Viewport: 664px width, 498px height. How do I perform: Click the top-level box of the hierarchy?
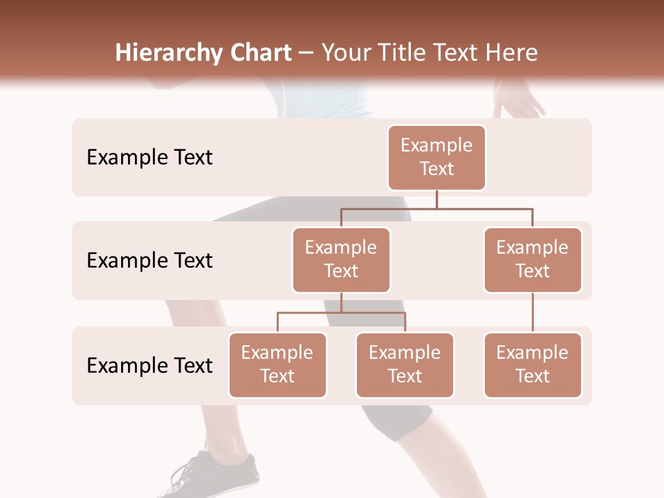pyautogui.click(x=436, y=157)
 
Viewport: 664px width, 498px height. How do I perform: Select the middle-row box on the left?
pyautogui.click(x=341, y=259)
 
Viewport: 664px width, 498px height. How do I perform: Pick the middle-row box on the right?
pyautogui.click(x=533, y=259)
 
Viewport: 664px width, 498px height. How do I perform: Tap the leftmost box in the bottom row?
pyautogui.click(x=277, y=365)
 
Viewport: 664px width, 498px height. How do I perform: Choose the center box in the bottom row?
pyautogui.click(x=405, y=365)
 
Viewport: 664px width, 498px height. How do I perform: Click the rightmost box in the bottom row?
pyautogui.click(x=533, y=365)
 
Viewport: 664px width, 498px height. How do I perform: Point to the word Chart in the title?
pyautogui.click(x=257, y=53)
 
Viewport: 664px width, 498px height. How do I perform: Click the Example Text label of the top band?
pyautogui.click(x=149, y=157)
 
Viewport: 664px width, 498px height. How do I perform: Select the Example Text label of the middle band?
pyautogui.click(x=149, y=260)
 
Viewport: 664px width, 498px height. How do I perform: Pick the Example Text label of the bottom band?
pyautogui.click(x=149, y=365)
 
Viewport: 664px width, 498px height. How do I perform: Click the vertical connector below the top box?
pyautogui.click(x=436, y=199)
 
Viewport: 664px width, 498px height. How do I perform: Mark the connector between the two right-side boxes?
pyautogui.click(x=533, y=313)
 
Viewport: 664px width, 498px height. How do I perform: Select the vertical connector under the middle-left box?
pyautogui.click(x=341, y=302)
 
